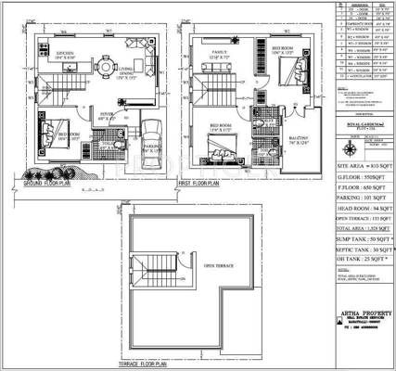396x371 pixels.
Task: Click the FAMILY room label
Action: [x=221, y=54]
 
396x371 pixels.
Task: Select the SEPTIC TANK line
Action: [x=355, y=250]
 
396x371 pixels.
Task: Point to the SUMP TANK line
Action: [x=355, y=237]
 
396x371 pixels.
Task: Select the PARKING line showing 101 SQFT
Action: [x=355, y=198]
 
